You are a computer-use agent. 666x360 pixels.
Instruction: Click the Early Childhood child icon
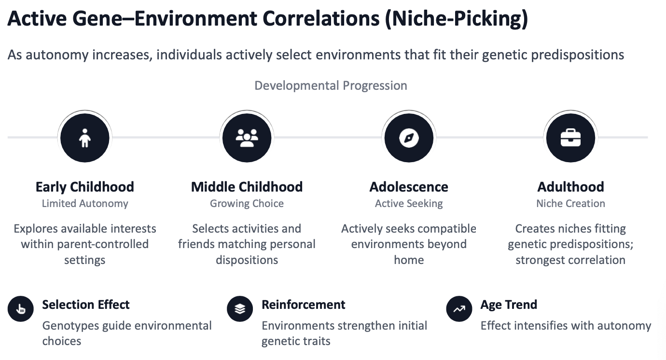tap(85, 138)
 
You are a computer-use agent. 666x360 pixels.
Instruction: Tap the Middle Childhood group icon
tap(247, 138)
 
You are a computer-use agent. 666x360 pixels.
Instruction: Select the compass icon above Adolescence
tap(409, 138)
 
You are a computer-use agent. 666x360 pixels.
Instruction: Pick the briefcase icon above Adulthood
tap(570, 138)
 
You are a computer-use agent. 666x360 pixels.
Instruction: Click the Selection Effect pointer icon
tap(21, 309)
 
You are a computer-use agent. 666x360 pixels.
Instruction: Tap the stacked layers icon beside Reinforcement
tap(240, 309)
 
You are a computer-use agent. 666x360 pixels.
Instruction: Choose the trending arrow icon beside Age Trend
tap(459, 309)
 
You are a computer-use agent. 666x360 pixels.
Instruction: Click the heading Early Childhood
tap(85, 187)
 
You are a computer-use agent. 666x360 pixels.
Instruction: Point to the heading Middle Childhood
tap(247, 187)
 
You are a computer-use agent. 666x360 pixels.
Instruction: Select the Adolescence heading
tap(409, 187)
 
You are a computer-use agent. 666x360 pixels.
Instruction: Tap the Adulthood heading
tap(570, 187)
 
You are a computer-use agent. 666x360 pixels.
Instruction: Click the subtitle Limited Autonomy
tap(85, 204)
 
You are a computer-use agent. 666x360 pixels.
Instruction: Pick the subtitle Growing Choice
tap(247, 204)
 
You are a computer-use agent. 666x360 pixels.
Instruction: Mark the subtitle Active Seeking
tap(409, 204)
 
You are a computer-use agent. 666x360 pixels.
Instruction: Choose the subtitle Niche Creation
tap(570, 204)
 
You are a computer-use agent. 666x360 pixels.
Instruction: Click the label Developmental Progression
tap(331, 86)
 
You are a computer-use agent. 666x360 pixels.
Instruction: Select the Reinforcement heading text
tap(303, 305)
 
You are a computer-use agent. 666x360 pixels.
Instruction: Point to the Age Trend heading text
tap(509, 305)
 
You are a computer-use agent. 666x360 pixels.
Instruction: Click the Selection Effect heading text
tap(86, 305)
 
